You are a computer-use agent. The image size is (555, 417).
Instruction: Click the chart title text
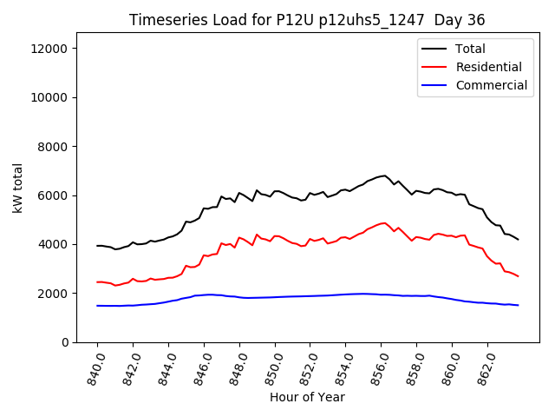point(307,20)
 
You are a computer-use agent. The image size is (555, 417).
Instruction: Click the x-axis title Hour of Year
point(307,397)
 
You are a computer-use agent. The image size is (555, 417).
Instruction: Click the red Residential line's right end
point(518,276)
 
